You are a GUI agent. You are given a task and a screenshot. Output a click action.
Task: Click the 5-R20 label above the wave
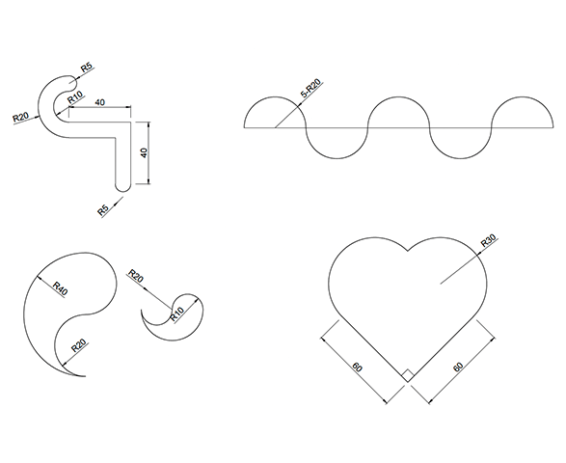(310, 89)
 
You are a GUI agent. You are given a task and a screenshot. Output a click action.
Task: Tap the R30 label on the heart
(490, 240)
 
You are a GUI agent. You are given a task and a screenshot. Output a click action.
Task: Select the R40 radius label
(61, 288)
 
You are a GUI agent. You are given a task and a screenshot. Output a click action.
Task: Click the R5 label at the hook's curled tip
(86, 68)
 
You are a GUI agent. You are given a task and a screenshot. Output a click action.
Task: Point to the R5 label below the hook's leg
(103, 210)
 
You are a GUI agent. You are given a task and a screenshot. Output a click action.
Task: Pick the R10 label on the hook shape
(75, 96)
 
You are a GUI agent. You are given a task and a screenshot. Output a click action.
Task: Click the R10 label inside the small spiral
(176, 313)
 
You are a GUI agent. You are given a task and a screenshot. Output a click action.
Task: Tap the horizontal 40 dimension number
(99, 102)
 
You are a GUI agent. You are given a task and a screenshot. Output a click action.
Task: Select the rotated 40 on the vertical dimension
(144, 152)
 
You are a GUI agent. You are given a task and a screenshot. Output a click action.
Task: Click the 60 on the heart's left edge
(357, 368)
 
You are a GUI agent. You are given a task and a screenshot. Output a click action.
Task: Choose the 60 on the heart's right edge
(458, 367)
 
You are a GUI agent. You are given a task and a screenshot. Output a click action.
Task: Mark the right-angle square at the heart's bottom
(408, 375)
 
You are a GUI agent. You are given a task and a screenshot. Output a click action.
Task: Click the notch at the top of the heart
(408, 250)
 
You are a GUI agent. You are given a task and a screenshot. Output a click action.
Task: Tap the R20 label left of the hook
(20, 117)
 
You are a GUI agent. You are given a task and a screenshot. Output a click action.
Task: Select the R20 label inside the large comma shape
(79, 345)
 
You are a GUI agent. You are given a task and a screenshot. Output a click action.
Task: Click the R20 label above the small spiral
(136, 276)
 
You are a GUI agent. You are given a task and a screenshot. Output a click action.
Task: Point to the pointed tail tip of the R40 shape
(85, 376)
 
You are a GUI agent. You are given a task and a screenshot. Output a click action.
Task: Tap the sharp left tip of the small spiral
(142, 310)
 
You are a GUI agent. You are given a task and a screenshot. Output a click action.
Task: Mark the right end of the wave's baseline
(553, 127)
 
